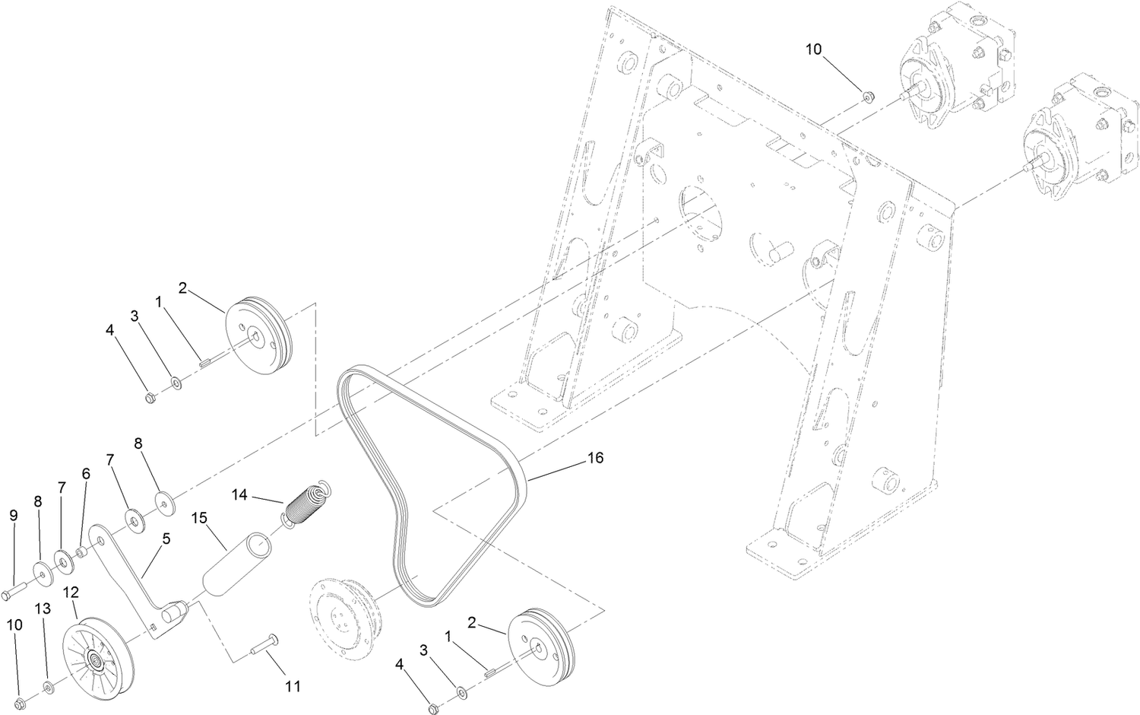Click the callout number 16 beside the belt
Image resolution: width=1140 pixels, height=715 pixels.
[595, 459]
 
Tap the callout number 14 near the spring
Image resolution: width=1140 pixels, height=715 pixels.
[240, 495]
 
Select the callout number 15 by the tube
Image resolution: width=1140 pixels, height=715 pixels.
[199, 519]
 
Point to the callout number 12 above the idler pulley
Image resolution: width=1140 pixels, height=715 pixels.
[71, 592]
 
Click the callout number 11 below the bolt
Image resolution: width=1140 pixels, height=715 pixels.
[292, 686]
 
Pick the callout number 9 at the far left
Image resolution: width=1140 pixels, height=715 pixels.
[14, 515]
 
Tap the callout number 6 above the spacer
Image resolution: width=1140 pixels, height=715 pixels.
[86, 473]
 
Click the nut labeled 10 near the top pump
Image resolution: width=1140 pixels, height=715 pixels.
[869, 96]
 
